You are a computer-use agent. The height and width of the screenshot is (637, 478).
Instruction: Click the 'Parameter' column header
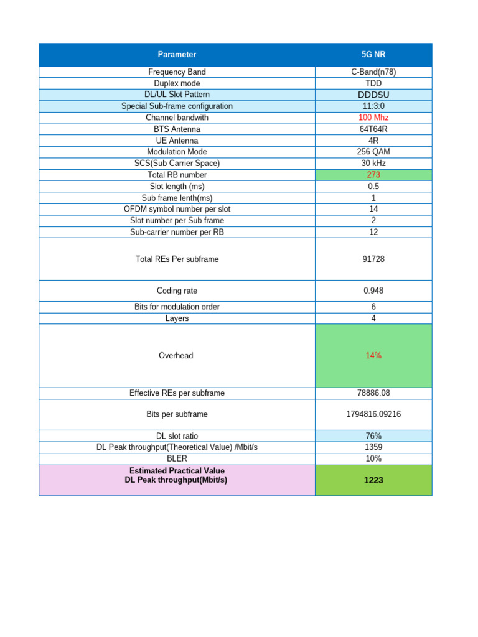(177, 55)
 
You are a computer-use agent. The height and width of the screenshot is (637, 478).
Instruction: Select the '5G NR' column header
(373, 55)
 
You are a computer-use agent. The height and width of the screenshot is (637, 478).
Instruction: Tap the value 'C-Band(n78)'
(373, 72)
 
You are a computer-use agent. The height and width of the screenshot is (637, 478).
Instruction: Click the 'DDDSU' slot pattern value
(373, 95)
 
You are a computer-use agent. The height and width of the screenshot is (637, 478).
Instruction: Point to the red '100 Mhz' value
(373, 118)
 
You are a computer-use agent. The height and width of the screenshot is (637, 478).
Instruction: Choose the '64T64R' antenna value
(373, 129)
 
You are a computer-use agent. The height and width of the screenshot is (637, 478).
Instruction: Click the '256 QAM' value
(373, 152)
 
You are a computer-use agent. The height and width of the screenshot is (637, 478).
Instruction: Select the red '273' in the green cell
(373, 175)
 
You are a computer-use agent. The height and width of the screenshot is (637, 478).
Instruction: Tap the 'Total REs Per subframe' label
(177, 259)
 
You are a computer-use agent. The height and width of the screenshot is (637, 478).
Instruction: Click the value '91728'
(373, 259)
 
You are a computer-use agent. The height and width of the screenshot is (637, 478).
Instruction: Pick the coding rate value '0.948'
(373, 291)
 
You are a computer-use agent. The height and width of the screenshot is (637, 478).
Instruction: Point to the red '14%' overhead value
(373, 356)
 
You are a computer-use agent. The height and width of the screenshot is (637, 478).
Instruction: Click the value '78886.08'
(373, 393)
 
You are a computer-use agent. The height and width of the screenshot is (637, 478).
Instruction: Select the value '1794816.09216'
(373, 414)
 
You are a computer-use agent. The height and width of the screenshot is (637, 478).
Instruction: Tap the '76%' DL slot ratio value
(373, 436)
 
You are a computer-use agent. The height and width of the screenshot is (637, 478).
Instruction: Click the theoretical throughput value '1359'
(373, 447)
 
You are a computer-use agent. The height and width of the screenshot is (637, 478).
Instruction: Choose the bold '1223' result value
(373, 480)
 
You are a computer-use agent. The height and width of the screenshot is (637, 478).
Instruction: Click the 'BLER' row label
(177, 458)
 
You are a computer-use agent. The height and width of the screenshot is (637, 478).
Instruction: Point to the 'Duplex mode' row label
(177, 83)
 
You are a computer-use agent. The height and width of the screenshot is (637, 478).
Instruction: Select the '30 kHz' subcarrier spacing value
(373, 163)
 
